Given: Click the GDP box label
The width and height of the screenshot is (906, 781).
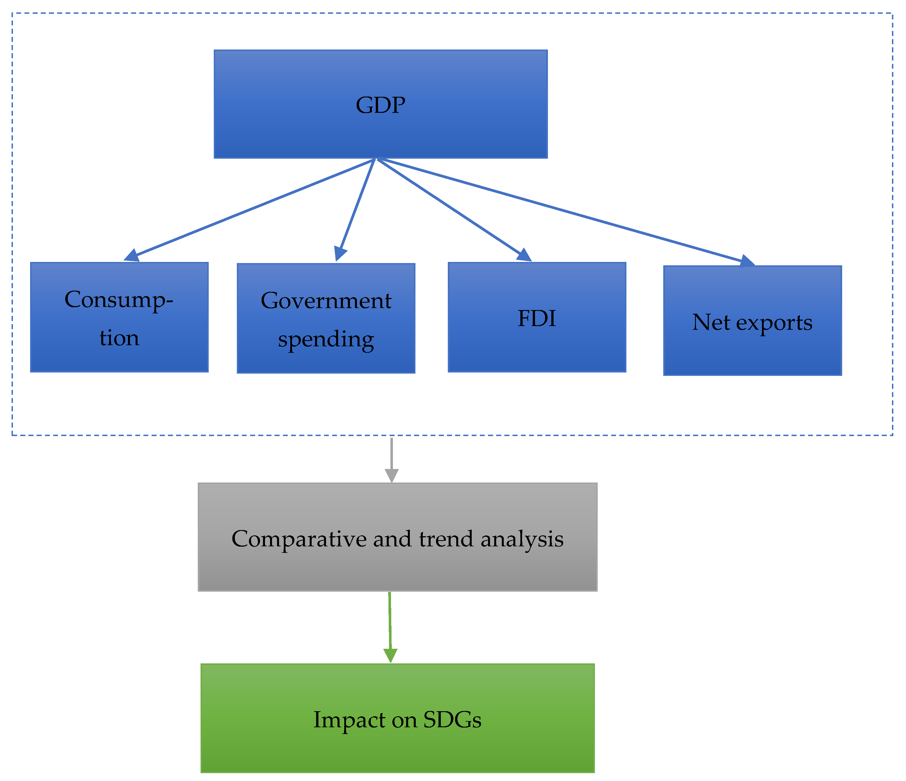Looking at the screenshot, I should [380, 106].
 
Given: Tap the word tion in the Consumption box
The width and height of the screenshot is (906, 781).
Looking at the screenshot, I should [119, 338].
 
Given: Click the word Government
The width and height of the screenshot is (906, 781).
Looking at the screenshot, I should [326, 301].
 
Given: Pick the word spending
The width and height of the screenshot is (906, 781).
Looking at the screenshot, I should [326, 339].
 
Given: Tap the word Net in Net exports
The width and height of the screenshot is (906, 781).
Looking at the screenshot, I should [711, 322].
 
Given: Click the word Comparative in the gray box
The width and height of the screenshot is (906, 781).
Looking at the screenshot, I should [299, 539].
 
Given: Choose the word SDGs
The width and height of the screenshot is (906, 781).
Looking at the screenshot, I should [452, 719].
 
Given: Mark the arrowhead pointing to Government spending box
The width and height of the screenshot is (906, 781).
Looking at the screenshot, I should [340, 254].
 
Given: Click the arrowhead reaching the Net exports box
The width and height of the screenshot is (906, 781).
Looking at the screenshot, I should [747, 261].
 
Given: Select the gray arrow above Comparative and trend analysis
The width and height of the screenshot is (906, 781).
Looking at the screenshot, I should [391, 459].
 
